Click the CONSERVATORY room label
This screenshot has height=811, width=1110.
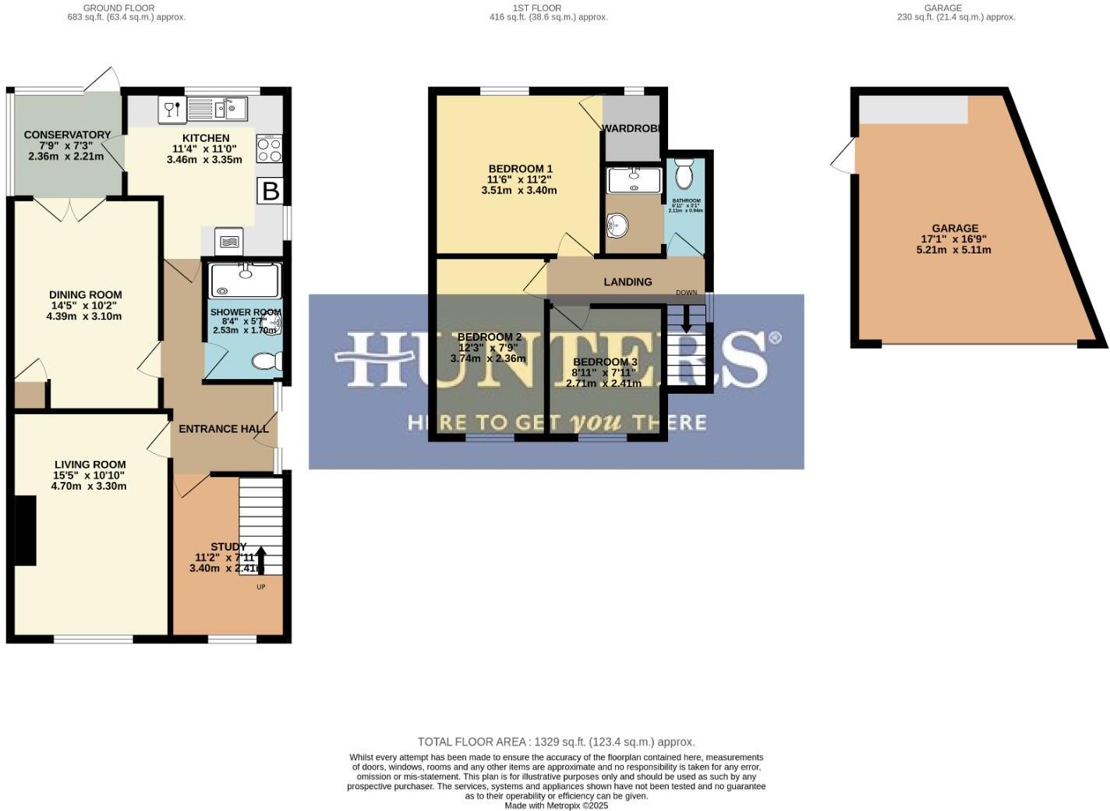tap(67, 135)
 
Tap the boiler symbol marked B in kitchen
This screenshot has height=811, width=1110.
tap(270, 191)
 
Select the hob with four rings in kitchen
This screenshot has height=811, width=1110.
tap(269, 150)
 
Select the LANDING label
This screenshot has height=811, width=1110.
tap(627, 282)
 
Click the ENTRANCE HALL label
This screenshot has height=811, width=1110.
tap(223, 429)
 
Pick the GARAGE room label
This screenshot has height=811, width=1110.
tap(955, 228)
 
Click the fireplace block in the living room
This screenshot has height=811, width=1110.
tap(26, 530)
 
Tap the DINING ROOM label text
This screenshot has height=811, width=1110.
tap(85, 295)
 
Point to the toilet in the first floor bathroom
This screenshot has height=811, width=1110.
tap(684, 175)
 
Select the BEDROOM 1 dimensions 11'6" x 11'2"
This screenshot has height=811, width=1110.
tap(519, 179)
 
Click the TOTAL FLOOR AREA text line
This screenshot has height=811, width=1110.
tap(556, 742)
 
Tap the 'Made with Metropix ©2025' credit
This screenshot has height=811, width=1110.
tap(556, 806)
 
